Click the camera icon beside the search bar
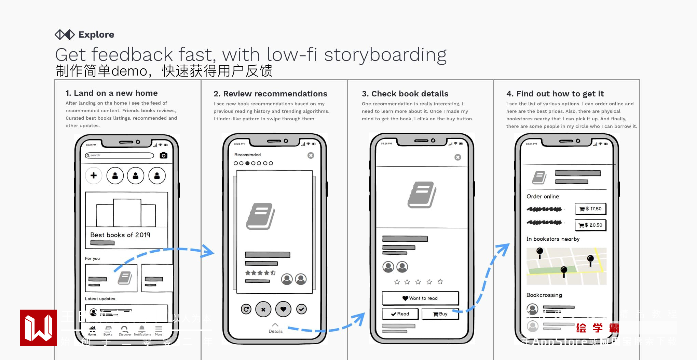click(x=164, y=156)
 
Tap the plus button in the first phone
click(x=94, y=176)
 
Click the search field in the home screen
click(x=120, y=156)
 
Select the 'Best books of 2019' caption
click(x=120, y=235)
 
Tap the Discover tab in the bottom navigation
click(x=125, y=331)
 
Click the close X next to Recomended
click(x=311, y=156)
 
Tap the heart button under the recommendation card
click(x=283, y=309)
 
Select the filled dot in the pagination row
click(x=247, y=163)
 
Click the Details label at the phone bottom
click(x=275, y=331)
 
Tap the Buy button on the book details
click(x=440, y=314)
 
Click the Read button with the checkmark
click(x=400, y=314)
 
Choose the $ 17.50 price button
click(x=590, y=209)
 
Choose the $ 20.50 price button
click(x=590, y=225)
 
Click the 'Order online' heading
click(x=543, y=197)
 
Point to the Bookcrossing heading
click(x=544, y=295)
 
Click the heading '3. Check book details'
click(x=405, y=94)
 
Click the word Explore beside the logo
click(x=96, y=35)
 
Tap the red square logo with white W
click(x=39, y=328)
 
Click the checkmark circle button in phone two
click(x=301, y=309)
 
